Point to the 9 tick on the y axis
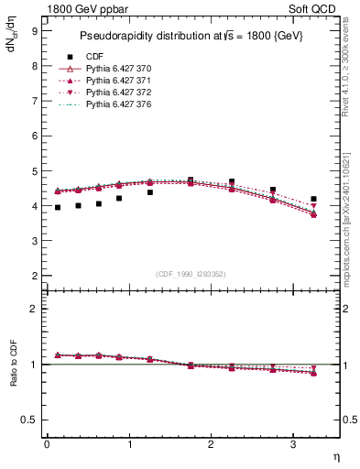click(x=34, y=30)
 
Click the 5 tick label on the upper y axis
click(x=34, y=171)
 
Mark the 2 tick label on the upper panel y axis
click(x=34, y=276)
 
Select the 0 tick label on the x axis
click(x=47, y=444)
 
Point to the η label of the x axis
click(x=335, y=455)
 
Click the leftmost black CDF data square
click(x=57, y=208)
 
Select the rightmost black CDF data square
click(x=313, y=199)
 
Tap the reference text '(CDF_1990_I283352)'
click(x=190, y=274)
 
